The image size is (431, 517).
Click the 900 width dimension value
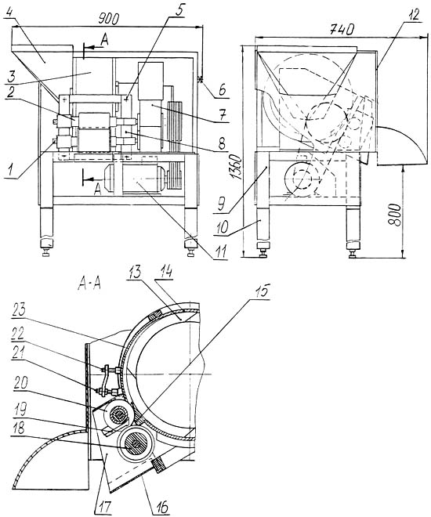coord(108,20)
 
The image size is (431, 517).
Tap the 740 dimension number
coord(342,30)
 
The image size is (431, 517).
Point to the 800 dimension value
coord(394,215)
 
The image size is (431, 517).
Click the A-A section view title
coord(89,284)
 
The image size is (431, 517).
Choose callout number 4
coord(9,15)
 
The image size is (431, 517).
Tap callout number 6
coord(223,89)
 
